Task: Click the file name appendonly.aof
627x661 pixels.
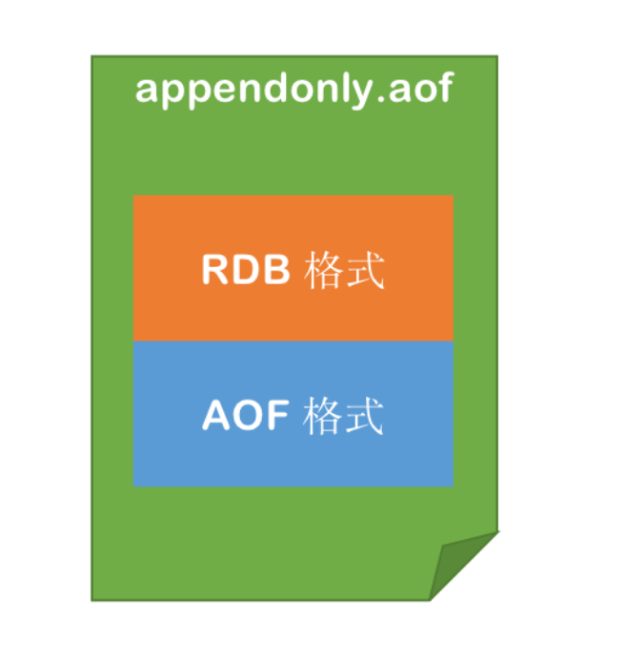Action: coord(293,90)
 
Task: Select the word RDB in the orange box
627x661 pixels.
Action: coord(246,271)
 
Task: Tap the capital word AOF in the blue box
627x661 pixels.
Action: coord(246,416)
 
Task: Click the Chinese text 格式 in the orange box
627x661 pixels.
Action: coord(344,271)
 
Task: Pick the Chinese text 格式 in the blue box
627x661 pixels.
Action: coord(344,416)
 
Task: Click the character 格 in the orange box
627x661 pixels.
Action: coord(324,271)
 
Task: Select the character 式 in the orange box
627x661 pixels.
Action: coord(365,271)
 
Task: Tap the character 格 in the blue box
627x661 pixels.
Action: coord(324,416)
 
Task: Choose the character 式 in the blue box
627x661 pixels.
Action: coord(365,416)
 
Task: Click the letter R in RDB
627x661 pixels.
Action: coord(215,271)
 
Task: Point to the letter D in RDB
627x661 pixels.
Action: coord(246,271)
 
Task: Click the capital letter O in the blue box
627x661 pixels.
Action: coord(247,416)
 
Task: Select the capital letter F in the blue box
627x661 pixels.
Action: coord(277,416)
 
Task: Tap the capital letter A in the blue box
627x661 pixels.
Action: coord(216,416)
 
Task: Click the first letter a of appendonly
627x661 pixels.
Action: coord(147,92)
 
